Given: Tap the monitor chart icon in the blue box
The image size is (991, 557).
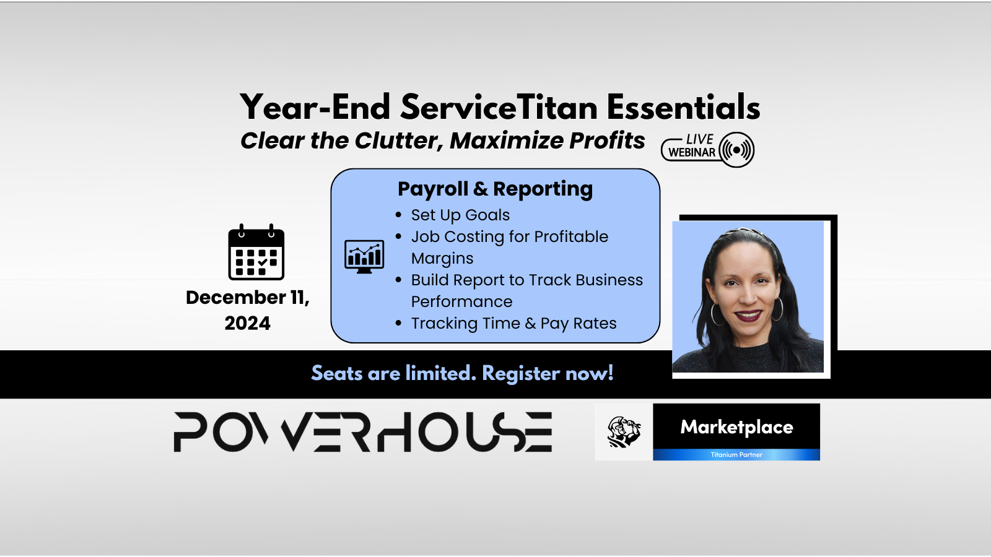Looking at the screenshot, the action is pyautogui.click(x=364, y=257).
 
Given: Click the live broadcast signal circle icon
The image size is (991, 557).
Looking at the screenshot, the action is pyautogui.click(x=736, y=150).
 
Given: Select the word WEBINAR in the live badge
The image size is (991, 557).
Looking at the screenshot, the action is pyautogui.click(x=691, y=152).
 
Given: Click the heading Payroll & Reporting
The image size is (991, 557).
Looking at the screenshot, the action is pyautogui.click(x=495, y=189).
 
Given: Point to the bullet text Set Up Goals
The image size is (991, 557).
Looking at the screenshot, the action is pyautogui.click(x=460, y=215).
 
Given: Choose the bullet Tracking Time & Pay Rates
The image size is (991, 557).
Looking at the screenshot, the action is pyautogui.click(x=513, y=323).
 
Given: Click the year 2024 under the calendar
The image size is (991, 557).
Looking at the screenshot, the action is pyautogui.click(x=247, y=323).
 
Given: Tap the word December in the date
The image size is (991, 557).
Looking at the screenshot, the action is pyautogui.click(x=236, y=298).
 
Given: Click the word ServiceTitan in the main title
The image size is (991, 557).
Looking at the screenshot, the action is pyautogui.click(x=499, y=107).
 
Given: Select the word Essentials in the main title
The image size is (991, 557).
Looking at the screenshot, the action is pyautogui.click(x=684, y=107).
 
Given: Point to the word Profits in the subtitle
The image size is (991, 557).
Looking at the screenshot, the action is pyautogui.click(x=607, y=140).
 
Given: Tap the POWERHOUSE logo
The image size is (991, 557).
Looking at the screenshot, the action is pyautogui.click(x=363, y=432).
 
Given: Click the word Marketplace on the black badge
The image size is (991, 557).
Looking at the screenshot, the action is pyautogui.click(x=736, y=427).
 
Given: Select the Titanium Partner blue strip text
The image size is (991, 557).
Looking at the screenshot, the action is pyautogui.click(x=736, y=454).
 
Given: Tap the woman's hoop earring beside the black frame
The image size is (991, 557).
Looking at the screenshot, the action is pyautogui.click(x=777, y=309).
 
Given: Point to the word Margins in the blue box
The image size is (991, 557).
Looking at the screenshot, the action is pyautogui.click(x=442, y=258).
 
